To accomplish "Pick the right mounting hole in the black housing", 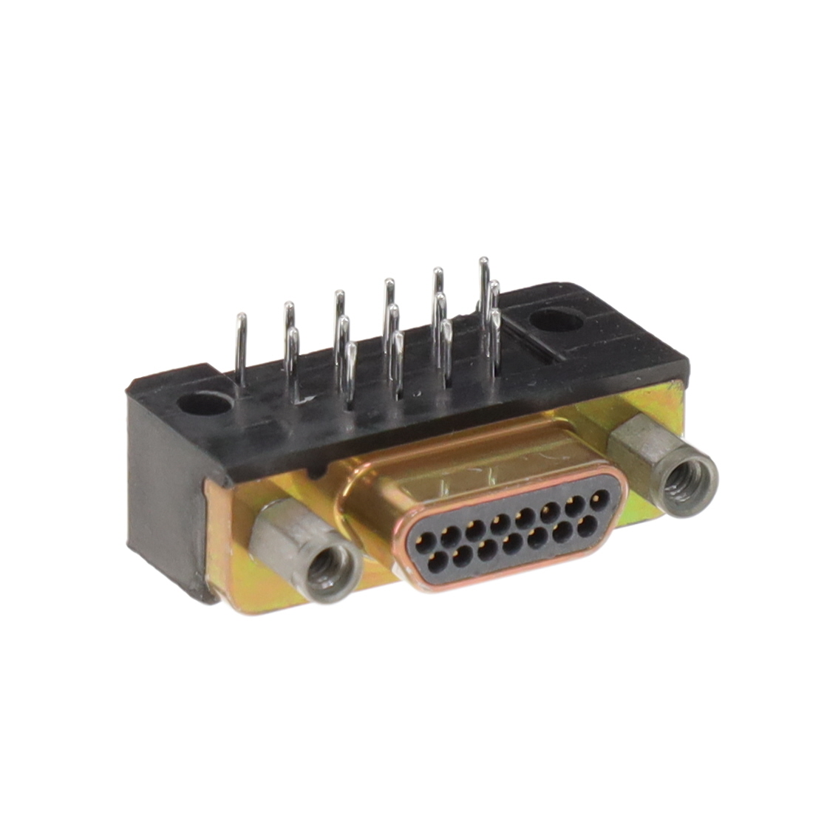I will click(555, 321).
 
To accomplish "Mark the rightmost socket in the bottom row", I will click(588, 525).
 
